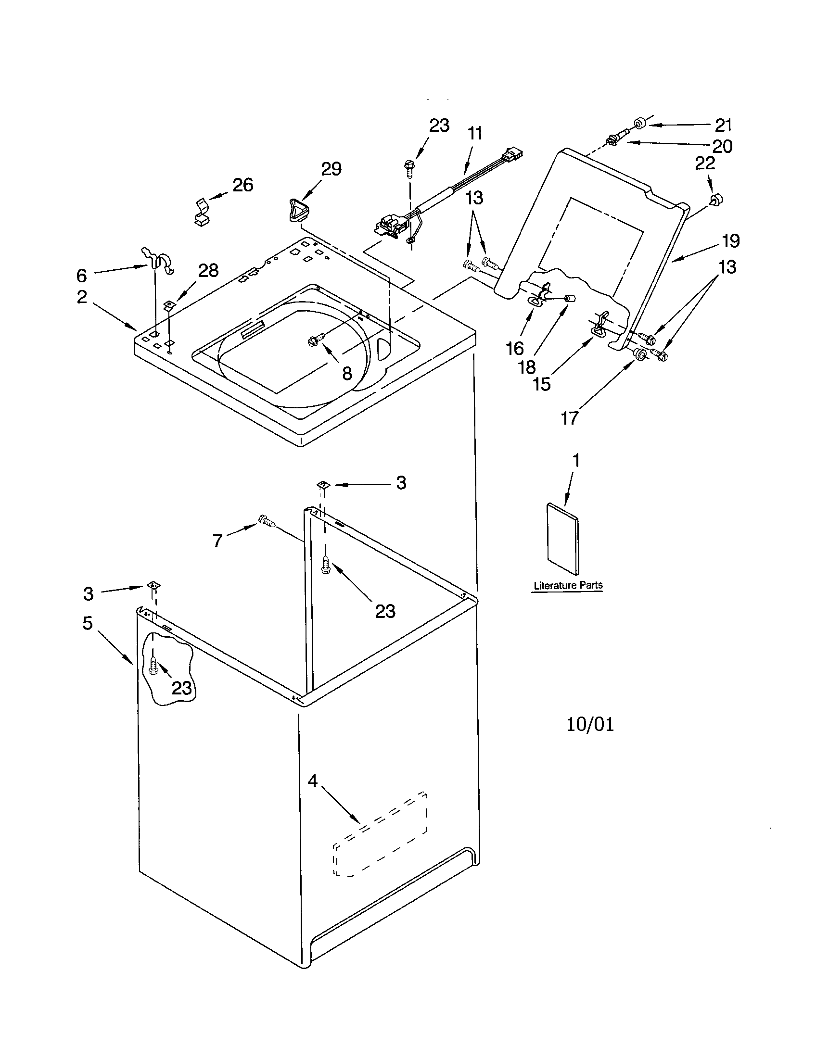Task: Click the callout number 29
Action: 331,169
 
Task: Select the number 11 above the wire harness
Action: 475,133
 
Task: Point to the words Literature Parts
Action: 568,585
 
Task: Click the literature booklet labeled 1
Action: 562,539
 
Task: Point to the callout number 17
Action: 570,417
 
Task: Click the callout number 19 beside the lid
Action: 730,241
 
